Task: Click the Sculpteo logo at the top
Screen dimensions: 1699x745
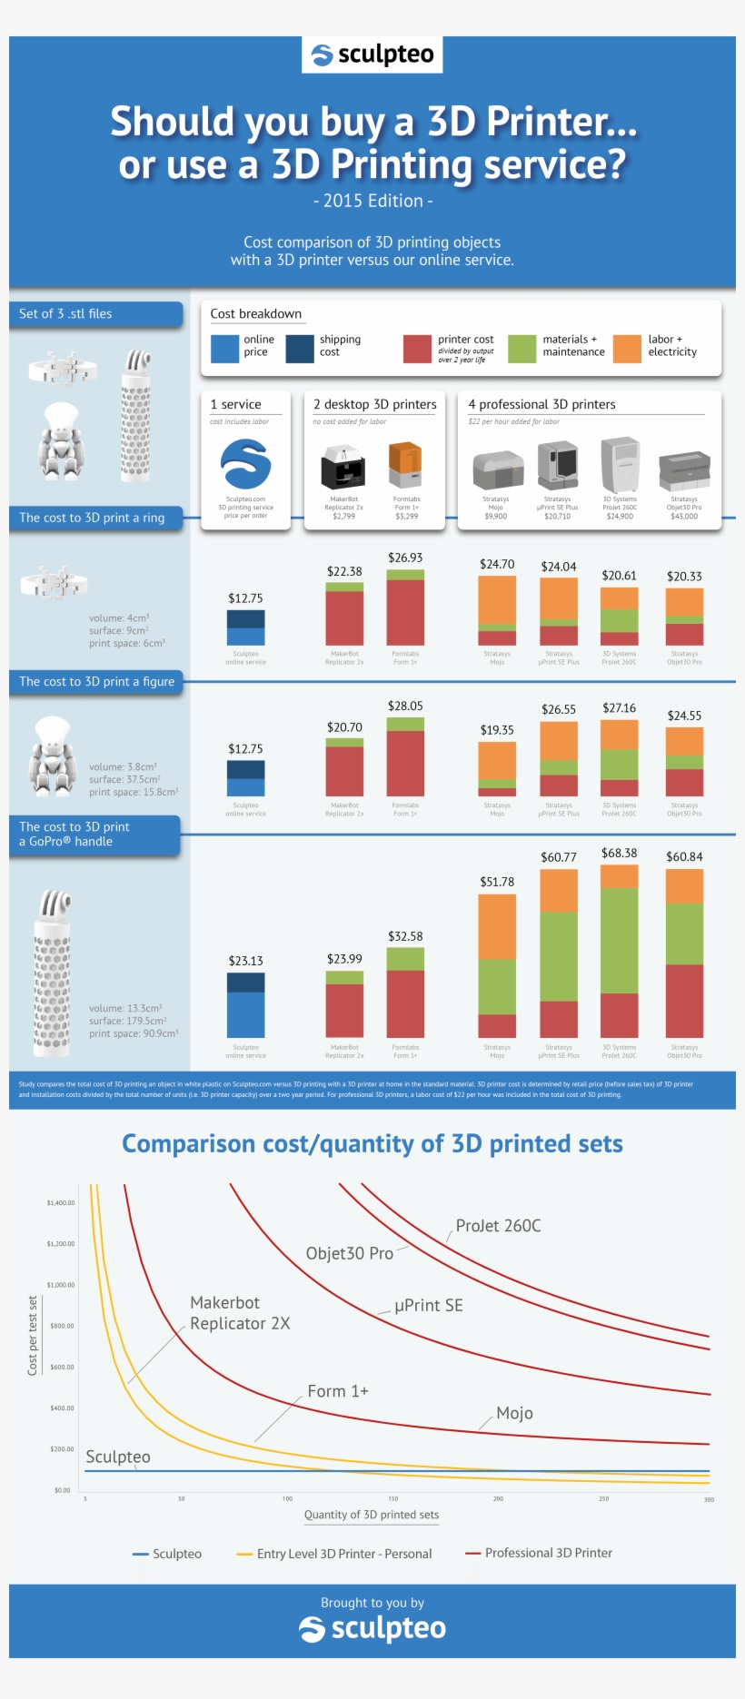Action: pyautogui.click(x=372, y=55)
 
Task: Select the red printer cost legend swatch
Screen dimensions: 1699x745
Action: pyautogui.click(x=417, y=348)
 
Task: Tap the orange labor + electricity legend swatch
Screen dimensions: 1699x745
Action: pyautogui.click(x=627, y=348)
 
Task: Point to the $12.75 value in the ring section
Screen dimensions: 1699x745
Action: pyautogui.click(x=245, y=598)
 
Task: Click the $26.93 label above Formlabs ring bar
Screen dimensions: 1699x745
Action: pyautogui.click(x=405, y=558)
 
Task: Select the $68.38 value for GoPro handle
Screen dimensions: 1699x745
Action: pyautogui.click(x=619, y=854)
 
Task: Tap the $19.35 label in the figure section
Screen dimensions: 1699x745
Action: pyautogui.click(x=497, y=730)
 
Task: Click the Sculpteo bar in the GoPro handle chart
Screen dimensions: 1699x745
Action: pyautogui.click(x=245, y=1005)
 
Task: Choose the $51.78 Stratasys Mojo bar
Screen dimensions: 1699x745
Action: pyautogui.click(x=497, y=965)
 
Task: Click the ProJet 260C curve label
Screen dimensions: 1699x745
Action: pyautogui.click(x=498, y=1226)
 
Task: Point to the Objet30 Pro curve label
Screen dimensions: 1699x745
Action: pyautogui.click(x=349, y=1254)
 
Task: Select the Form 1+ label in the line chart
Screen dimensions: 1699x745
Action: pyautogui.click(x=338, y=1391)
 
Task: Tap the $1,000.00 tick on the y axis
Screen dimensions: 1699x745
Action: pyautogui.click(x=61, y=1285)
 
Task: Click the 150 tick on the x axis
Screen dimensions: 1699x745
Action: pyautogui.click(x=392, y=1499)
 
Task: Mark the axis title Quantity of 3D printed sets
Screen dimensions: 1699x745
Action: pyautogui.click(x=372, y=1515)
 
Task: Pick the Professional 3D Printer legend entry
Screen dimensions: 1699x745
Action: pyautogui.click(x=548, y=1553)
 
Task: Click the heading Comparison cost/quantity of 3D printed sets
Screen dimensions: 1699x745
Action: pyautogui.click(x=372, y=1144)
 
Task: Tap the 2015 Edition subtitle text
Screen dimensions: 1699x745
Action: pyautogui.click(x=372, y=201)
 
